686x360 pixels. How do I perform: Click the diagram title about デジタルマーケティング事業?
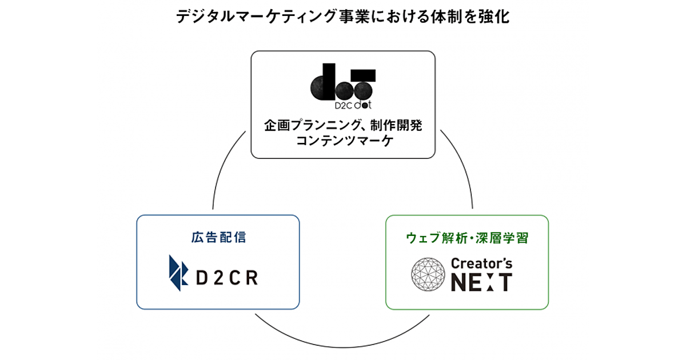[342, 17]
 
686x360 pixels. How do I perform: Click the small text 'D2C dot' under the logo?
[342, 106]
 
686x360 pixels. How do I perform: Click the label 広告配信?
[218, 237]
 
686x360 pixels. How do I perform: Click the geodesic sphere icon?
[428, 274]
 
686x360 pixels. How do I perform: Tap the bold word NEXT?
[481, 282]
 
